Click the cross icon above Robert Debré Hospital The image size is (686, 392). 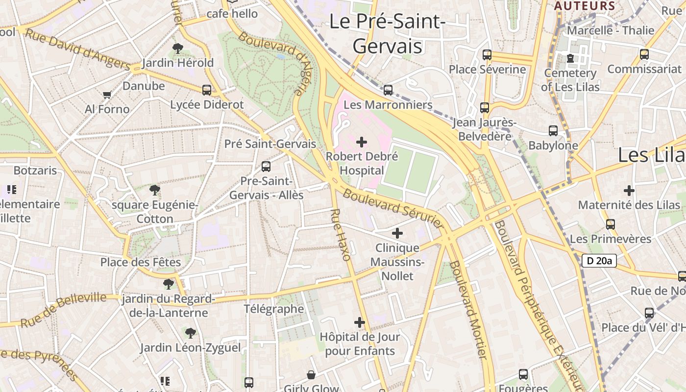click(x=362, y=143)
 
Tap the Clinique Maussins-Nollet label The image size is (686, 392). click(x=397, y=262)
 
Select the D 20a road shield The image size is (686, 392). click(x=599, y=261)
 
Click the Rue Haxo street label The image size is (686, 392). click(x=341, y=235)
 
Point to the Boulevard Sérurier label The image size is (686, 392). click(x=393, y=208)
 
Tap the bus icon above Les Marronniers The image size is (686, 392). click(x=388, y=90)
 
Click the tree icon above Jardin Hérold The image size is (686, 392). click(x=178, y=48)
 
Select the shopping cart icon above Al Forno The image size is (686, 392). click(x=107, y=94)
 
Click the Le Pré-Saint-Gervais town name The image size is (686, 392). click(x=387, y=34)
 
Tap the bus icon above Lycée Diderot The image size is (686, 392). click(x=207, y=90)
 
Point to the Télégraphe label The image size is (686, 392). click(x=274, y=309)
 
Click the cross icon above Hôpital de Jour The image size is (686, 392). click(x=360, y=322)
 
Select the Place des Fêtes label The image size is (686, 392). click(x=141, y=262)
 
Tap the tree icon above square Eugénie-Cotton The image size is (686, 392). click(x=155, y=190)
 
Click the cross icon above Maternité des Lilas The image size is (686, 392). click(x=629, y=190)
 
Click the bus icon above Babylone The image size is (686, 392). click(x=553, y=131)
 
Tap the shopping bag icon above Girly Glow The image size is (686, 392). click(x=311, y=375)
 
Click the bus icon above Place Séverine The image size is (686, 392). click(x=487, y=54)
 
